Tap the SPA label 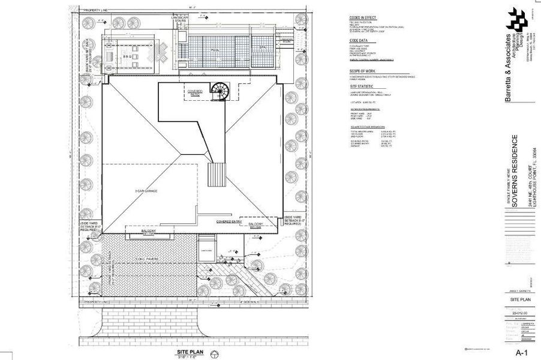(262, 47)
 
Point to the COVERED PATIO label (196, 93)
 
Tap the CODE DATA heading (358, 41)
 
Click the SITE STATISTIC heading (362, 87)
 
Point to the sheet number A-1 (522, 352)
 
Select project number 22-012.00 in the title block (520, 313)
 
